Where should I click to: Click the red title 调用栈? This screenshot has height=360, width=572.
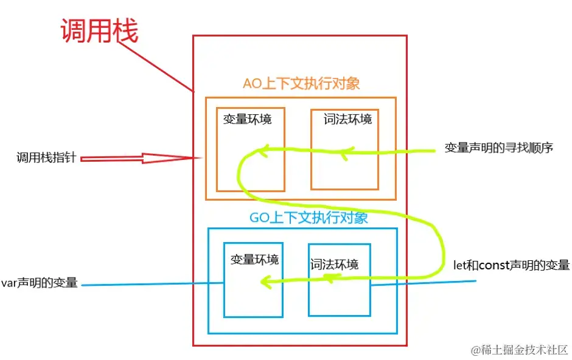(99, 31)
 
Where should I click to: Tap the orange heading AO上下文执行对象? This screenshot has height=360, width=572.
(301, 83)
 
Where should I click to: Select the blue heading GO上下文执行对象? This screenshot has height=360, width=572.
(309, 218)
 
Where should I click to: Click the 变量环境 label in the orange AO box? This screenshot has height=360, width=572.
(247, 119)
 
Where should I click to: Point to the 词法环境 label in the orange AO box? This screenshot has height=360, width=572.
(347, 119)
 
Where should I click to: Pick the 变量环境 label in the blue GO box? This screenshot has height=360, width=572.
(254, 260)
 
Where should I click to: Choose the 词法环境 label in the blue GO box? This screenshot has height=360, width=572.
(335, 264)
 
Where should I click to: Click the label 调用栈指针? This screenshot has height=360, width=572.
(46, 157)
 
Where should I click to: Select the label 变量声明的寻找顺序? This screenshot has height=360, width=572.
(499, 148)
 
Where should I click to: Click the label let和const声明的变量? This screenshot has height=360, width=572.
(511, 265)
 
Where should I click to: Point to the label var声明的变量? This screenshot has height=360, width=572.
(40, 282)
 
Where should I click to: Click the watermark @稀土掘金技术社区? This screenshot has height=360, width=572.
(520, 350)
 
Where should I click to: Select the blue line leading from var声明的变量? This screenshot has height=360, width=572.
(152, 284)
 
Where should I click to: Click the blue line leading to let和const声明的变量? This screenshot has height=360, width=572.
(423, 283)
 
